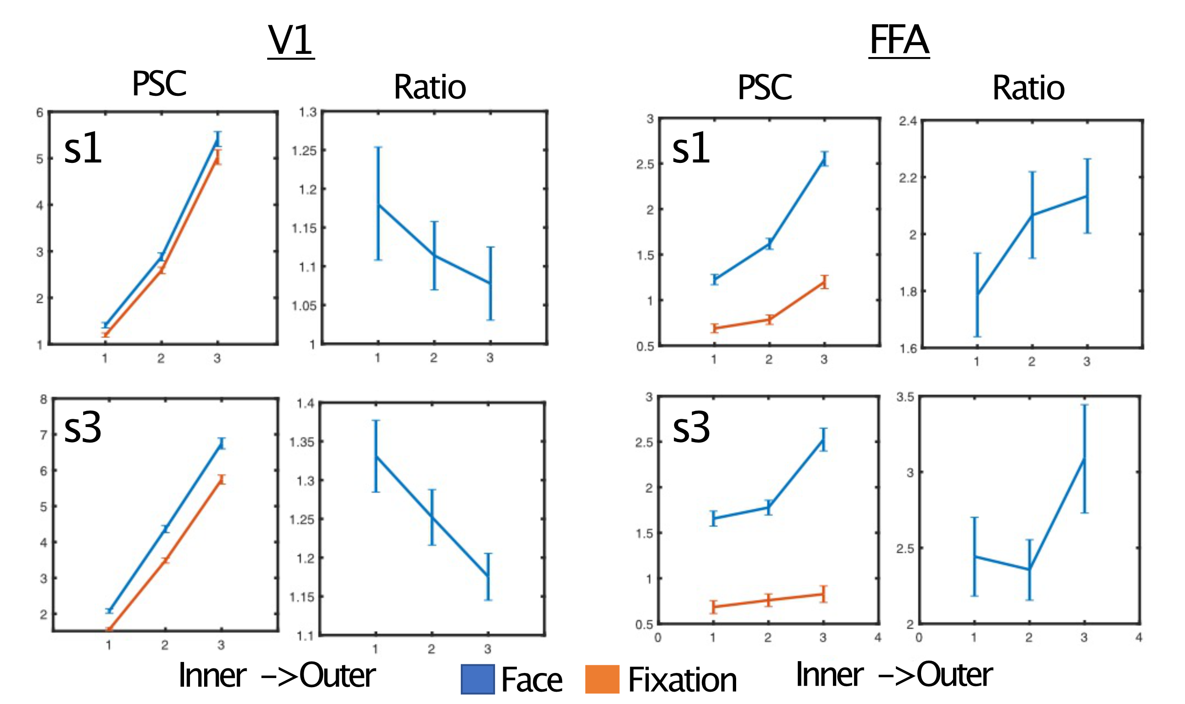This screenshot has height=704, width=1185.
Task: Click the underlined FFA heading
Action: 898,41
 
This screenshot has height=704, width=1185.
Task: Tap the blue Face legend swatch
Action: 477,679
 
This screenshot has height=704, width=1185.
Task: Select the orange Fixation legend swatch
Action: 601,679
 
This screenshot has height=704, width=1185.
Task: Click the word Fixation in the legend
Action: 682,680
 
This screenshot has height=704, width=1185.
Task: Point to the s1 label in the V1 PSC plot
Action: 83,148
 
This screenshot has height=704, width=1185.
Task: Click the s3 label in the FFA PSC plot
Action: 691,428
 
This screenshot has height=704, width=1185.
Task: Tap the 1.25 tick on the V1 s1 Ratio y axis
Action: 303,151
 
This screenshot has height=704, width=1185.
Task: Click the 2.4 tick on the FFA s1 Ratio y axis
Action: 907,121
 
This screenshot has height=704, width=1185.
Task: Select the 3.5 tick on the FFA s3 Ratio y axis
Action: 905,397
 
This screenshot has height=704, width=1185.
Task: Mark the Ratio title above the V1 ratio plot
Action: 430,88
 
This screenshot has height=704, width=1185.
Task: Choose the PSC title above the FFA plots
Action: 764,88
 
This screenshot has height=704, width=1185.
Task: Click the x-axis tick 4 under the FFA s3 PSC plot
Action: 877,637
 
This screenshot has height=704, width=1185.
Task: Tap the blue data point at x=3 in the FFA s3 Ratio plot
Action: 1084,458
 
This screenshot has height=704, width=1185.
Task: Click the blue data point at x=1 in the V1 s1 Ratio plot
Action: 379,204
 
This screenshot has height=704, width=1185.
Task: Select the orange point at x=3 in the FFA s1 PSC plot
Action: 824,282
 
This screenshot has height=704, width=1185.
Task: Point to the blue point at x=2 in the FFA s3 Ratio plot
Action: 1029,569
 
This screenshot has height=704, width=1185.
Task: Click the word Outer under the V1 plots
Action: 337,676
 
